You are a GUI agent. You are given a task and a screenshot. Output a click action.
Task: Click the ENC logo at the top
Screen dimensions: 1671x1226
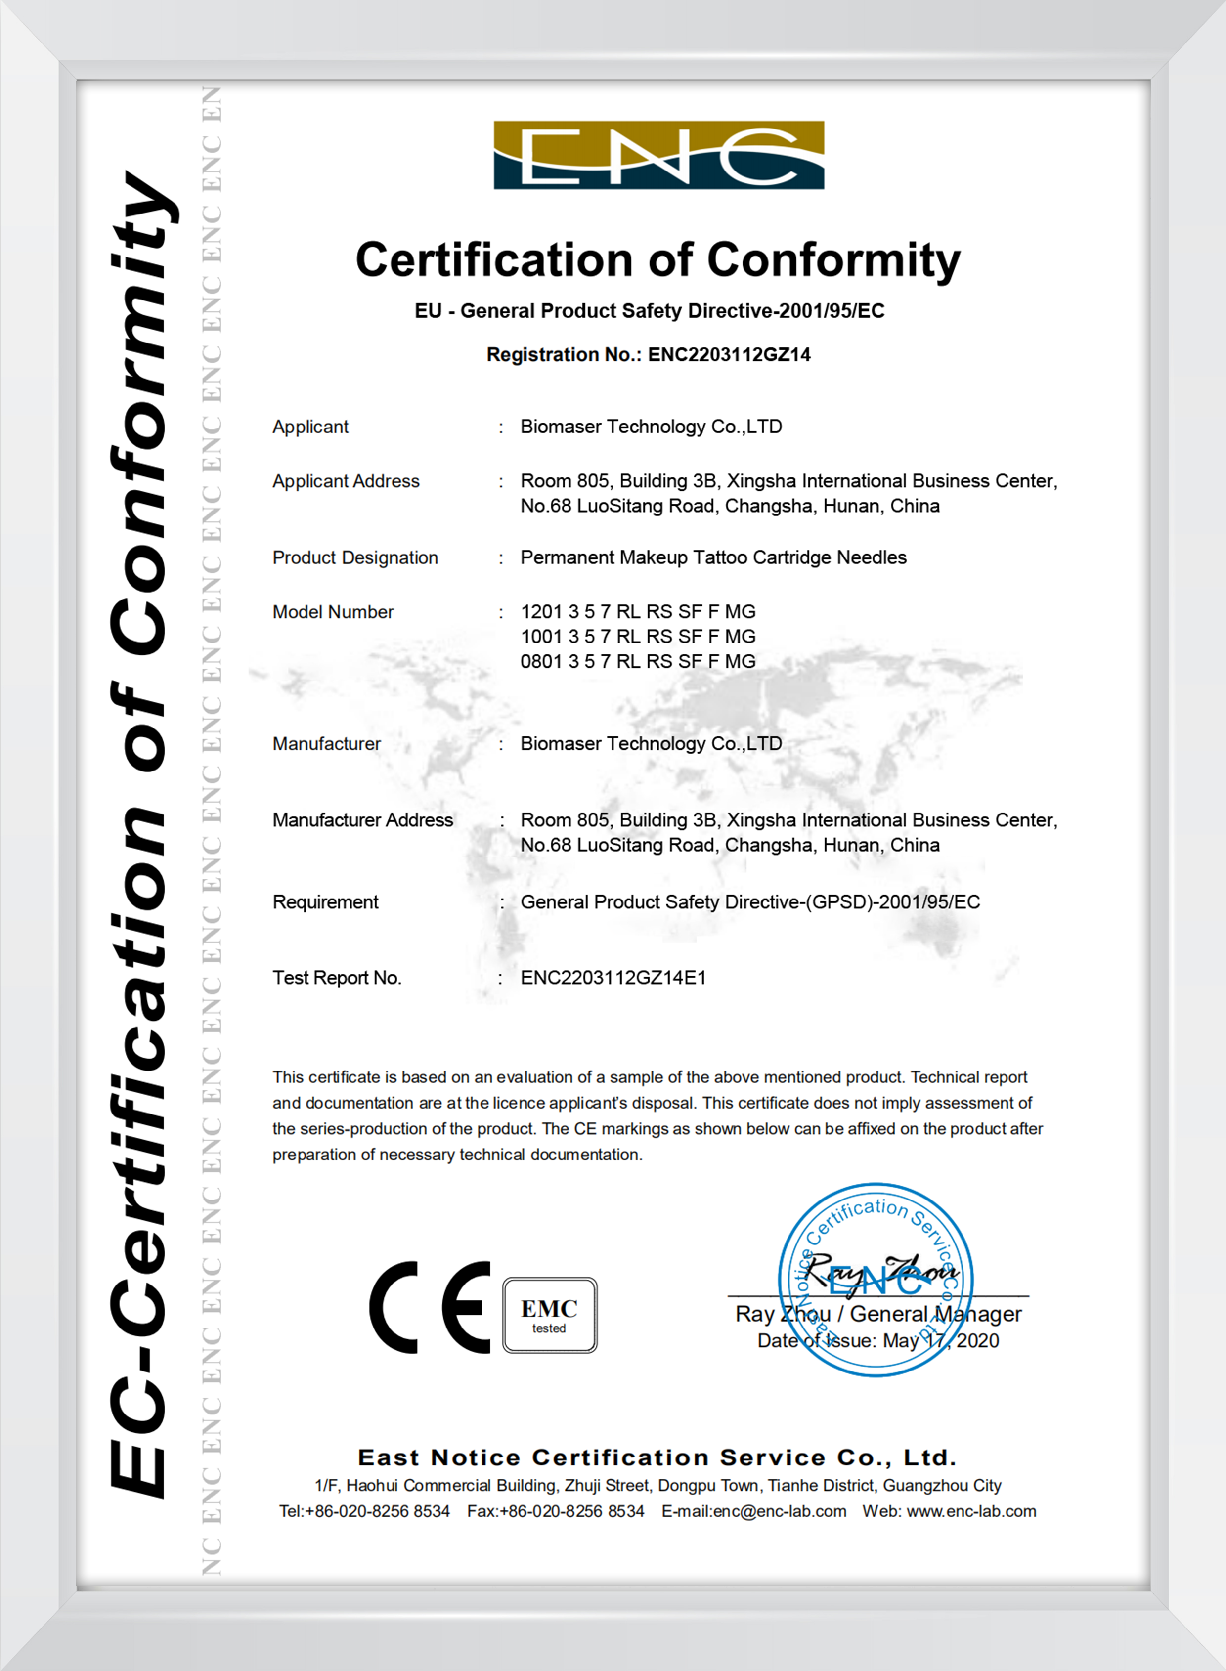[658, 155]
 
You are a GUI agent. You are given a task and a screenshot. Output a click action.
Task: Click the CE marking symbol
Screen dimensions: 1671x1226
[431, 1307]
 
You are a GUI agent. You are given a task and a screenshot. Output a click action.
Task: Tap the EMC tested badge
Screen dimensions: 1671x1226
[549, 1315]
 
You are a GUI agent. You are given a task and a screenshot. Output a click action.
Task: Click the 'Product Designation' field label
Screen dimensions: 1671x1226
[355, 557]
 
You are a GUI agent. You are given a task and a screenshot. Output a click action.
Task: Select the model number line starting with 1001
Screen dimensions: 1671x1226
[638, 636]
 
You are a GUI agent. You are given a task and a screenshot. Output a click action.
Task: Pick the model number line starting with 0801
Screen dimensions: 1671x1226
[638, 661]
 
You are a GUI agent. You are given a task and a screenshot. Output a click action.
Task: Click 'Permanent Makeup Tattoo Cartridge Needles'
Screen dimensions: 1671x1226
[713, 557]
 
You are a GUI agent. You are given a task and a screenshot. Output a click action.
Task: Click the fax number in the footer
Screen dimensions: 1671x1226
[556, 1511]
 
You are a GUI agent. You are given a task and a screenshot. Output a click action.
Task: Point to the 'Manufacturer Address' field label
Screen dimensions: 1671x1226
[362, 820]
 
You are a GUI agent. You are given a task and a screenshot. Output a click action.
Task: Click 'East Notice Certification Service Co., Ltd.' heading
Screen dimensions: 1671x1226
[657, 1458]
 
